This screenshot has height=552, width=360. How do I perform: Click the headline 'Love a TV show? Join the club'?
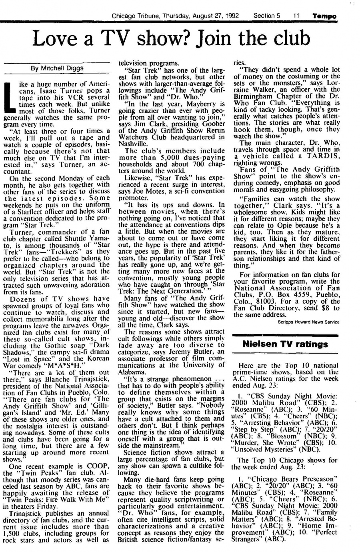coord(172,39)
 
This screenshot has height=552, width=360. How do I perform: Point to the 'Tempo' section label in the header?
coord(325,16)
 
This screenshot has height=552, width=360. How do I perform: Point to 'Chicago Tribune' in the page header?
coord(133,16)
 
